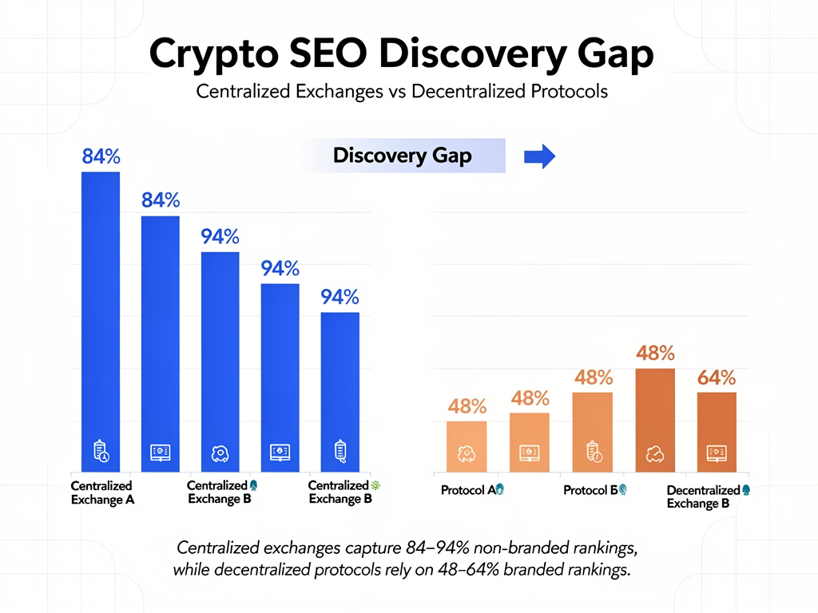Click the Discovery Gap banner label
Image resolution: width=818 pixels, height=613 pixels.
pyautogui.click(x=402, y=156)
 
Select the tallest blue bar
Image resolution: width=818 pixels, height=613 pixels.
pyautogui.click(x=101, y=319)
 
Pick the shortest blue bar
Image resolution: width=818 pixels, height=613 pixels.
pyautogui.click(x=340, y=391)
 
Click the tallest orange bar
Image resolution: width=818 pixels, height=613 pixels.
pyautogui.click(x=655, y=419)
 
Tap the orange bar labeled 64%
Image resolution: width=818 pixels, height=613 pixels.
pyautogui.click(x=717, y=431)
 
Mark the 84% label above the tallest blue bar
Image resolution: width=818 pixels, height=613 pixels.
pyautogui.click(x=101, y=157)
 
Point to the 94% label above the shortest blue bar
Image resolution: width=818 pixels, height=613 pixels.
pyautogui.click(x=340, y=298)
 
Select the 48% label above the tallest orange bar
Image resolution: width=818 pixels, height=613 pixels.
pyautogui.click(x=655, y=353)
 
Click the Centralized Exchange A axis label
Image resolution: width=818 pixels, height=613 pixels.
pyautogui.click(x=101, y=492)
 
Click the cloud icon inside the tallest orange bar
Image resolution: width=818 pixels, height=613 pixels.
pyautogui.click(x=655, y=453)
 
